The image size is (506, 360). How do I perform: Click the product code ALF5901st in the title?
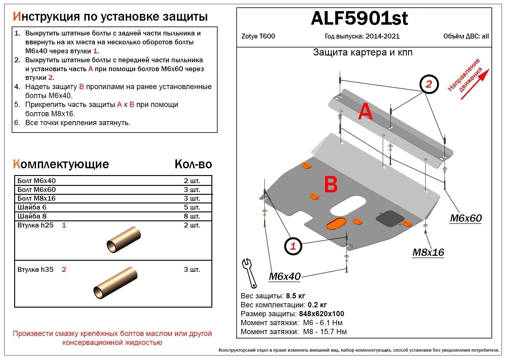coord(359,18)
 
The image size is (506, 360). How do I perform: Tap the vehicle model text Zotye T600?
coord(258,36)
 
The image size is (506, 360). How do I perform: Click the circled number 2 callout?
coord(429,84)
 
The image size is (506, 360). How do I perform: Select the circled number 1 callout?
coord(293,246)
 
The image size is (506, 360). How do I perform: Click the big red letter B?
coord(331,184)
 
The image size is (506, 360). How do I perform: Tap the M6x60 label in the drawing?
coord(466,218)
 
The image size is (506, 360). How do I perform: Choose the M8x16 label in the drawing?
coord(428,252)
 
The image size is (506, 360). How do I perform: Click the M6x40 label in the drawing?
coord(284,276)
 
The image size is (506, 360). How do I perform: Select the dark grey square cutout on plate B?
coord(390,219)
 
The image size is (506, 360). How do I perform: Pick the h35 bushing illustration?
coord(115,283)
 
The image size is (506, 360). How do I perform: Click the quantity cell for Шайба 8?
coord(192,216)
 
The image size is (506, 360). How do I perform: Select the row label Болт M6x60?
coord(37,190)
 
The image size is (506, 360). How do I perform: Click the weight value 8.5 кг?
coord(295,296)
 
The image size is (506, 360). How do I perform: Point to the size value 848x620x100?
coord(321,314)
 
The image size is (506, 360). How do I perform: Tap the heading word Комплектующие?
coord(61,164)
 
